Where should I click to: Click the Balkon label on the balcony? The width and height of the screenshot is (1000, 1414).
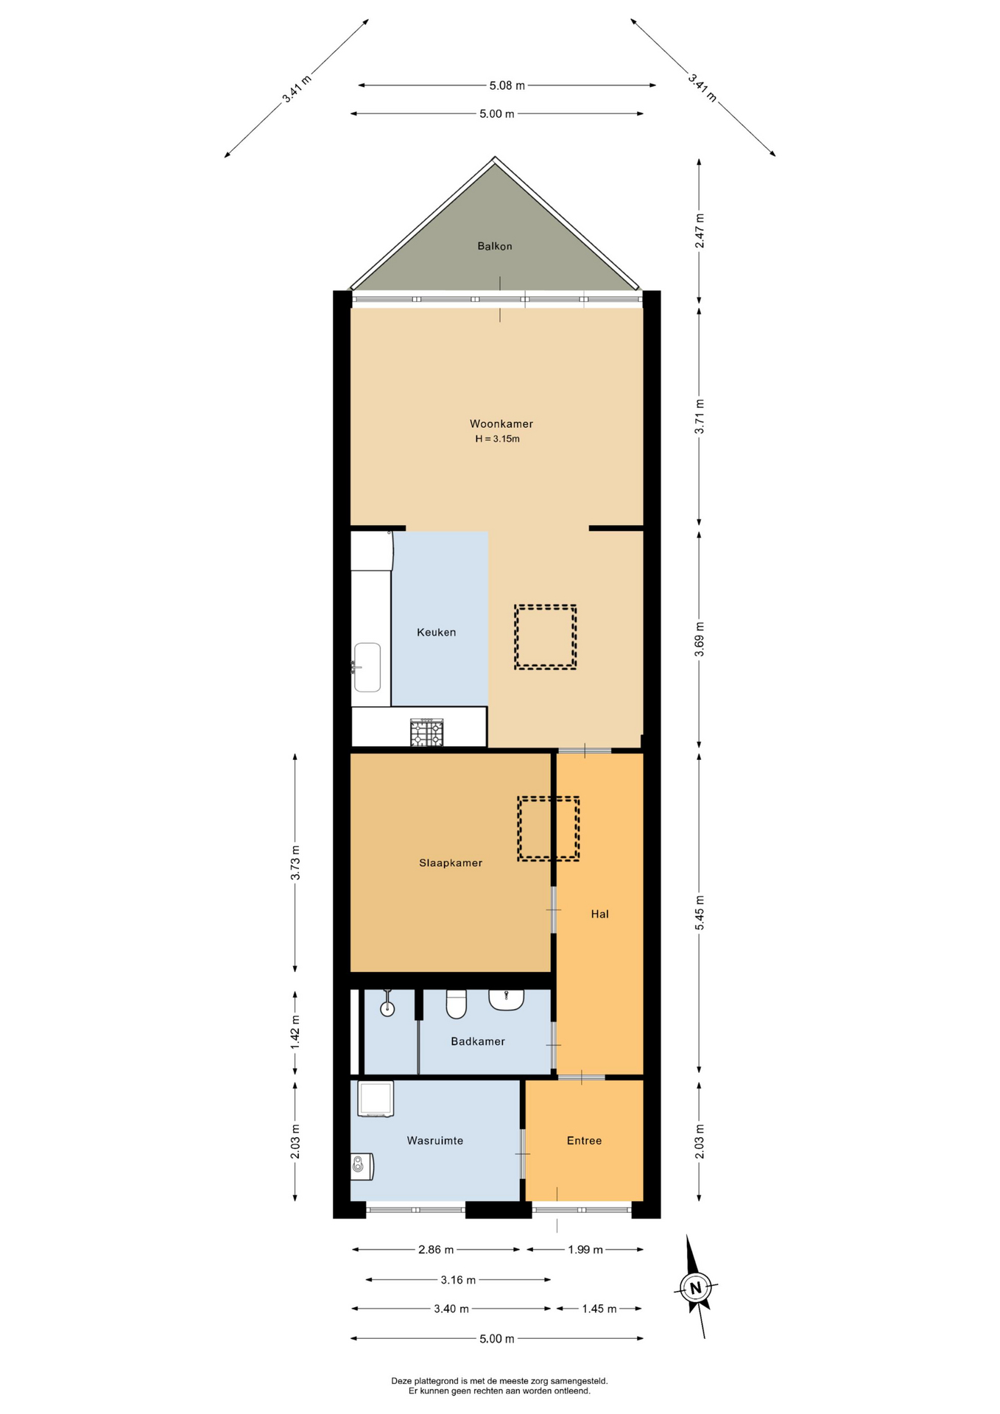pos(494,246)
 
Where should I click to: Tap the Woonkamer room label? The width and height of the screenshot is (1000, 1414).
pos(501,423)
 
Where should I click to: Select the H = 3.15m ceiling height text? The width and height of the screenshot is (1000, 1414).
pos(497,439)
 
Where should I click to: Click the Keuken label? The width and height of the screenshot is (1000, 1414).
pos(436,632)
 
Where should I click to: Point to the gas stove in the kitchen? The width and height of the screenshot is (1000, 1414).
pos(427,733)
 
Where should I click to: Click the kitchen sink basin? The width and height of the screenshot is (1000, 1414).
pos(367,667)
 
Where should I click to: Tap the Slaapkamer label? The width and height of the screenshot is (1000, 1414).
pos(451,862)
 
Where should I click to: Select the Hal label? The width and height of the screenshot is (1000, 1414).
pos(599,914)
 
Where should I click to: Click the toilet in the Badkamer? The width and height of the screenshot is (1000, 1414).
pos(457,1004)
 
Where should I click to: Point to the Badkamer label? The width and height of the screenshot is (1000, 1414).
pos(478,1041)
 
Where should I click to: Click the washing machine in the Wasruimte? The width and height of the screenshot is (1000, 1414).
pos(376,1099)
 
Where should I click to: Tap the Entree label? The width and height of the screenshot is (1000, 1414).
pos(584,1141)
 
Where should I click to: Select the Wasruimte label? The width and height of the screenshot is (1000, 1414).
pos(434,1141)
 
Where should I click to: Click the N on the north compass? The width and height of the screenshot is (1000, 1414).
pos(695,1288)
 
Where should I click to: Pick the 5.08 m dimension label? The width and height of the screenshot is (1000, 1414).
pos(507,85)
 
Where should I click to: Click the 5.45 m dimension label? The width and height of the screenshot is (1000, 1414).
pos(700,912)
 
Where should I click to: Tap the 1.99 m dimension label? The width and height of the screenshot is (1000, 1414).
pos(585,1250)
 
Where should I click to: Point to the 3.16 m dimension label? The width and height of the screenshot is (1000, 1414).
pos(458,1280)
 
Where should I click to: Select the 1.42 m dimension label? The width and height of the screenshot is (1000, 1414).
pos(295,1032)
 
